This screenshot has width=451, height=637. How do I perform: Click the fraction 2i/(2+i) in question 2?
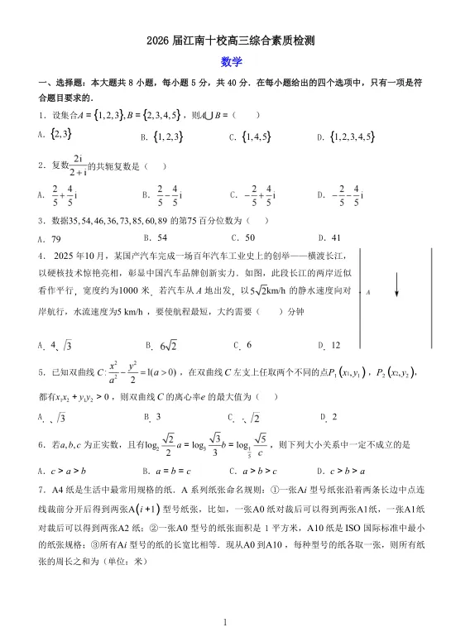(x=79, y=165)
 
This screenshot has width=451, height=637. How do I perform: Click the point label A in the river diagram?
(x=368, y=292)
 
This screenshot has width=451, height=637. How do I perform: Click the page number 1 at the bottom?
(x=225, y=621)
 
